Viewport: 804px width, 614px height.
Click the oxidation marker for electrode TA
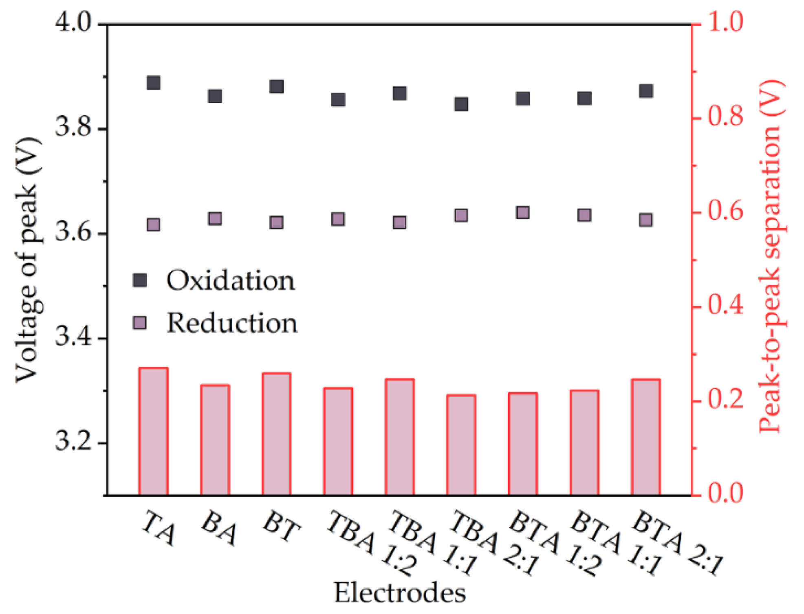click(x=153, y=83)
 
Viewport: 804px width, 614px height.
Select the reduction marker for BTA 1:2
click(x=523, y=212)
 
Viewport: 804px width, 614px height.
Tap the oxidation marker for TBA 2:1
click(x=461, y=104)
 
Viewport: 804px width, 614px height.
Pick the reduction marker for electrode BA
click(x=215, y=219)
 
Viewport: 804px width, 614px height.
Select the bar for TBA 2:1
click(x=461, y=445)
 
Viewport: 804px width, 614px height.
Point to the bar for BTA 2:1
click(x=646, y=437)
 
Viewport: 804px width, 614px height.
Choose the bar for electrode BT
click(x=277, y=434)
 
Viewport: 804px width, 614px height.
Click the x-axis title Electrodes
click(x=400, y=593)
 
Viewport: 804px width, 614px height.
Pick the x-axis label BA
click(x=219, y=528)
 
